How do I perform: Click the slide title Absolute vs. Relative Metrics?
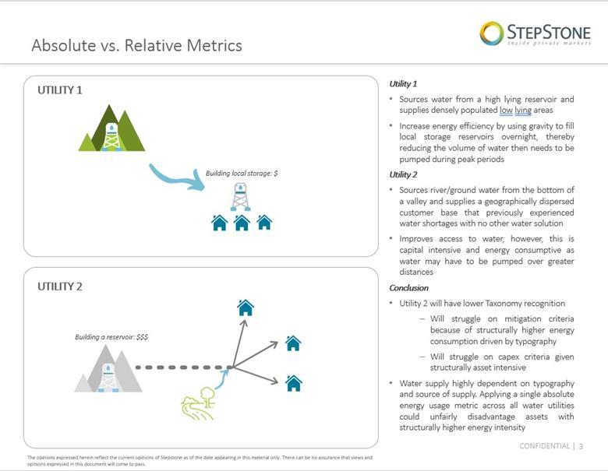click(136, 45)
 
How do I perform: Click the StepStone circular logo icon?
click(491, 33)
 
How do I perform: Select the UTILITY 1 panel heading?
click(60, 90)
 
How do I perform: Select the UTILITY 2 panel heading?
click(60, 286)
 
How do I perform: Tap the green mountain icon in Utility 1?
click(112, 129)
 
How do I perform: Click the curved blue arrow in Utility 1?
click(175, 177)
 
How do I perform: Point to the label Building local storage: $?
click(242, 173)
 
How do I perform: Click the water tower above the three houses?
click(241, 197)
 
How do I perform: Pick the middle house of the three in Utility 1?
click(242, 223)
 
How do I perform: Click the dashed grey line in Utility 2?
click(183, 367)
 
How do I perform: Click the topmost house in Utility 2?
click(246, 308)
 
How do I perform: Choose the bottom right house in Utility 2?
click(294, 383)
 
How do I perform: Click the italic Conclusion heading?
click(408, 288)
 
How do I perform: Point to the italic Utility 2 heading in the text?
click(403, 175)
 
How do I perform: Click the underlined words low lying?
click(515, 111)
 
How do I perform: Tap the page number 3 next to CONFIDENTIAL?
click(581, 446)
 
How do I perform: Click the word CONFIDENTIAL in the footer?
click(544, 446)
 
